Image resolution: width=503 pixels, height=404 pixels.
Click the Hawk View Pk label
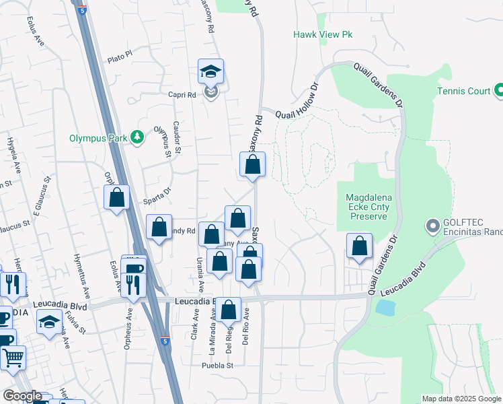(323, 34)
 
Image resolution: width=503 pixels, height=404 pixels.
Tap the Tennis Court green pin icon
(499, 90)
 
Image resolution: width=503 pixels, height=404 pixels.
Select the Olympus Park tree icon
(138, 137)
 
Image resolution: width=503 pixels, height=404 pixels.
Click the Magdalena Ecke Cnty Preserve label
(367, 207)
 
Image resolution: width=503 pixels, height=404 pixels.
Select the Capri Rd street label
(182, 95)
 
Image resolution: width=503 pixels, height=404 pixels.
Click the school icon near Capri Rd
(210, 71)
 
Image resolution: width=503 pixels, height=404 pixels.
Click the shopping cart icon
(12, 358)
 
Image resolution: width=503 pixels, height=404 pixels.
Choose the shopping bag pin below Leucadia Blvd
(229, 310)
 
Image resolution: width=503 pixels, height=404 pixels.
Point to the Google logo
(23, 396)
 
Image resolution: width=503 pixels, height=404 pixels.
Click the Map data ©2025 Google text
(461, 399)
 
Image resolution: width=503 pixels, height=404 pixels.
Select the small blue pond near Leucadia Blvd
(386, 308)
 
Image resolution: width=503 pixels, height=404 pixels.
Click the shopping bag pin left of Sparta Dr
(117, 197)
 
